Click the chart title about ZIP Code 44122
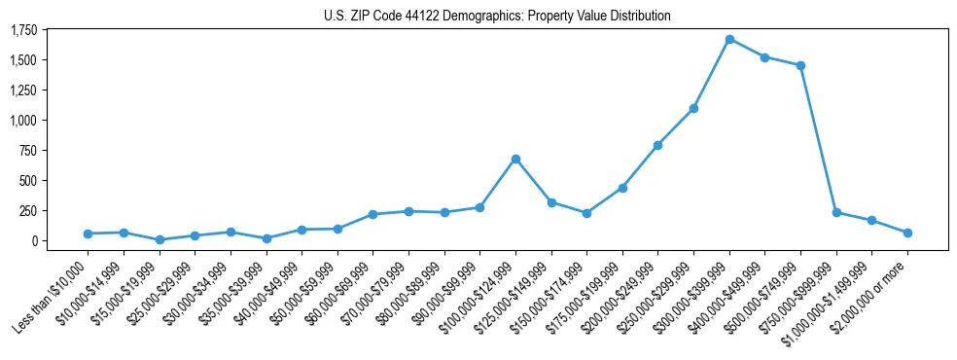pyautogui.click(x=497, y=16)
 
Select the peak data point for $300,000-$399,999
pyautogui.click(x=729, y=39)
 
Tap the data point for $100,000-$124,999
pyautogui.click(x=515, y=159)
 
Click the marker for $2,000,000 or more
pyautogui.click(x=907, y=233)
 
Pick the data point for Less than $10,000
pyautogui.click(x=89, y=234)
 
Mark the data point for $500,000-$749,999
pyautogui.click(x=800, y=65)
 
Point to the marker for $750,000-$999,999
pyautogui.click(x=836, y=212)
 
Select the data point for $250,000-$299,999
pyautogui.click(x=693, y=108)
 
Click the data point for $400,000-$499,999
pyautogui.click(x=764, y=57)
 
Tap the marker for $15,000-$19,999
pyautogui.click(x=159, y=239)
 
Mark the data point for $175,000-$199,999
pyautogui.click(x=622, y=188)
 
